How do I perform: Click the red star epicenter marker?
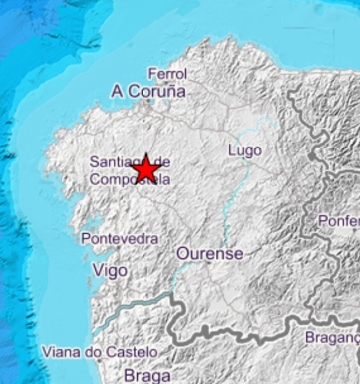pos(146,169)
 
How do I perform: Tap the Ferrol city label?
pos(167,74)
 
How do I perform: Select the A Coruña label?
pos(149,92)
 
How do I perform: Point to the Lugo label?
pos(245,150)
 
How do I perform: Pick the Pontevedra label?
pos(120,239)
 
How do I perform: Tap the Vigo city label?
pos(110,270)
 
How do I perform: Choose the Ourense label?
pos(210,254)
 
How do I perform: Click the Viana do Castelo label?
pos(100,353)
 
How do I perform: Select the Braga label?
pos(147,375)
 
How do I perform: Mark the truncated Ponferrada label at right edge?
pos(338,221)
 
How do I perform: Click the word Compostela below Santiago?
pos(130,179)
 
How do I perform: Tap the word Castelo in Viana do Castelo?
pos(132,353)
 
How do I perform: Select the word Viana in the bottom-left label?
pos(58,353)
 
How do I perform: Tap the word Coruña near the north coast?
pos(157,92)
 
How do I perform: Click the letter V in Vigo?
pos(98,270)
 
